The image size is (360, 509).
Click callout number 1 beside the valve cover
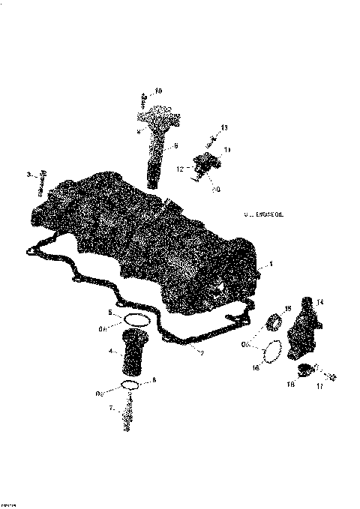(271, 264)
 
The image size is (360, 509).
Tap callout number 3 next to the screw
(28, 175)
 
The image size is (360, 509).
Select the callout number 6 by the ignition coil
(175, 145)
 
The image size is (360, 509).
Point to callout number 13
(223, 128)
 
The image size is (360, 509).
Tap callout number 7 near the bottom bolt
(111, 409)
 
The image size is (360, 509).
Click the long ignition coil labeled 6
(155, 146)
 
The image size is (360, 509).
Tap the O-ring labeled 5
(136, 320)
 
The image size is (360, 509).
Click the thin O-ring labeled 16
(273, 350)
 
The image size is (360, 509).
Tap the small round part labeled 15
(274, 323)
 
